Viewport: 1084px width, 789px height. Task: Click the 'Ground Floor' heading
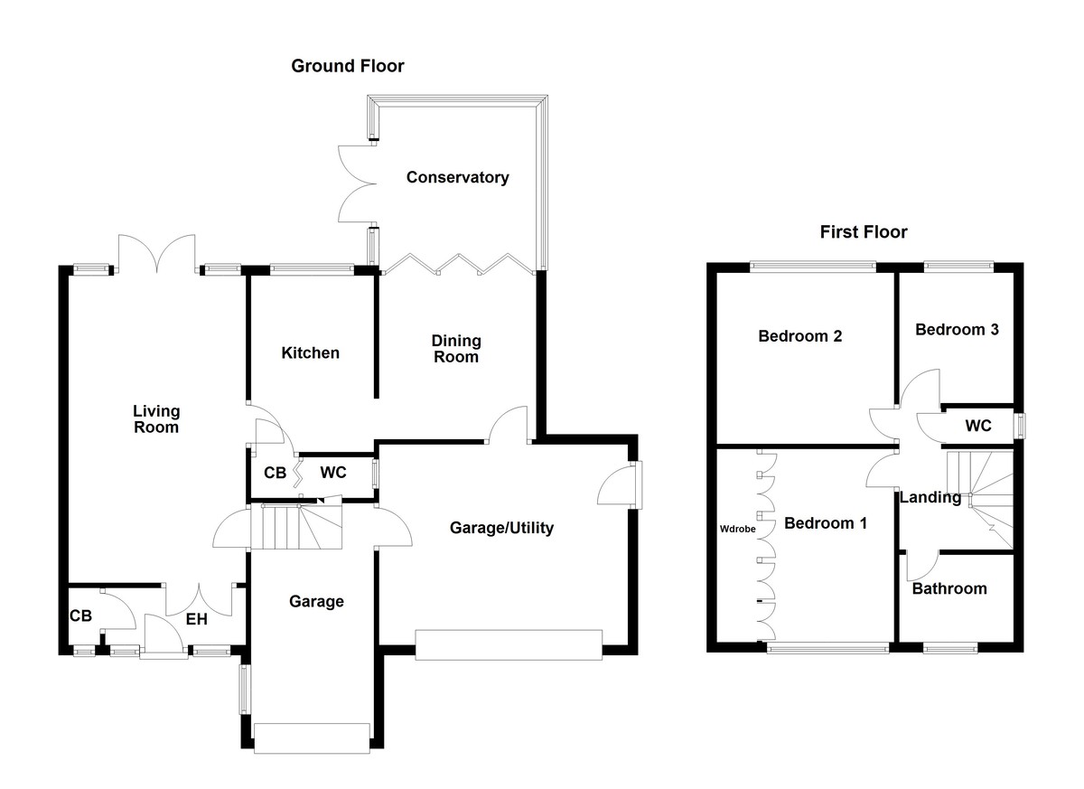click(347, 66)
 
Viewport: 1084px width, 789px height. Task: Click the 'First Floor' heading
click(863, 232)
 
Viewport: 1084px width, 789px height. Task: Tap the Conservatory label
click(457, 177)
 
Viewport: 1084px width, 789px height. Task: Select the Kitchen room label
click(310, 352)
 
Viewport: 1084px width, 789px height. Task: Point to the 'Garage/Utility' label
click(501, 528)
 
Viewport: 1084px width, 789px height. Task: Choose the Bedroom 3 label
click(957, 330)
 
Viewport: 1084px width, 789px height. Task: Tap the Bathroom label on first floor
click(948, 588)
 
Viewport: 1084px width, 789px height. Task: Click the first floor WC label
click(978, 426)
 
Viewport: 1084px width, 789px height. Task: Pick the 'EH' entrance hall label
click(197, 619)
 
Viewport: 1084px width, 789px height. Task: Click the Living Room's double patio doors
click(157, 253)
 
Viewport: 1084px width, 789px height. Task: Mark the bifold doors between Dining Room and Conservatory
click(458, 262)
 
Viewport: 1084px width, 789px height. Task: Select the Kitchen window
click(312, 268)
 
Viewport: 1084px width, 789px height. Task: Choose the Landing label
click(930, 496)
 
